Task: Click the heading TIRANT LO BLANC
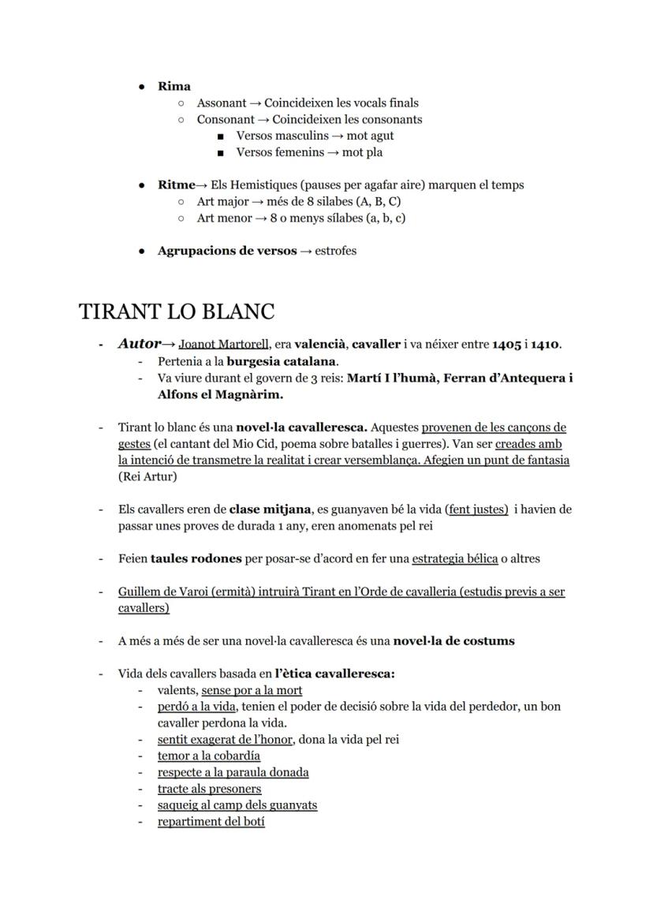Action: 177,312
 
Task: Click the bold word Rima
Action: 174,86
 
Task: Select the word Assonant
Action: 221,103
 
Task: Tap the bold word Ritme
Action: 176,185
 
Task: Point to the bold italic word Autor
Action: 139,344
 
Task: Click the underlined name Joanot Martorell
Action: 224,345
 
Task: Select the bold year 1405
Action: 506,345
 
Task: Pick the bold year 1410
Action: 545,345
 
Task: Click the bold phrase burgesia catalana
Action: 282,361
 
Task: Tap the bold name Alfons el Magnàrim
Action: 220,394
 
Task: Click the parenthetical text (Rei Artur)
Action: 147,476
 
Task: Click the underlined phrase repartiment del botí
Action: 211,821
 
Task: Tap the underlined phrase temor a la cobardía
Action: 209,756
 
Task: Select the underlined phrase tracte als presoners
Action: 209,789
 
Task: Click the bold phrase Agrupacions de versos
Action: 227,251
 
